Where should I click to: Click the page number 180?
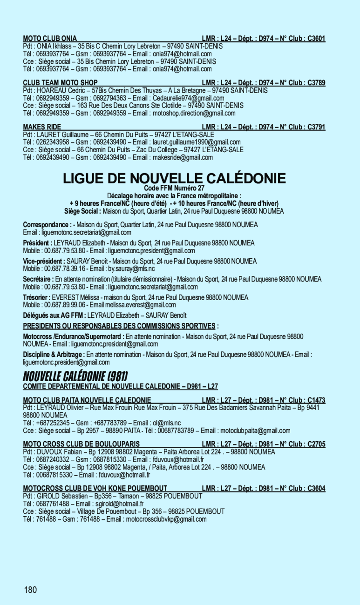[x=31, y=590]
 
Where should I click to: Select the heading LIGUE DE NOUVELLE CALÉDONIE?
[x=174, y=178]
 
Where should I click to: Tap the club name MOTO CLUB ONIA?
[x=50, y=39]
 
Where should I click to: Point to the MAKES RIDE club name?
[x=42, y=127]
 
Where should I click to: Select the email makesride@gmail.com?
[x=182, y=157]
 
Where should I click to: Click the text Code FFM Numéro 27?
[x=174, y=188]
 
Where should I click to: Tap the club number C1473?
[x=316, y=400]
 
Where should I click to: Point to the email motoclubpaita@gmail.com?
[x=254, y=430]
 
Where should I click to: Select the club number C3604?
[x=316, y=489]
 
